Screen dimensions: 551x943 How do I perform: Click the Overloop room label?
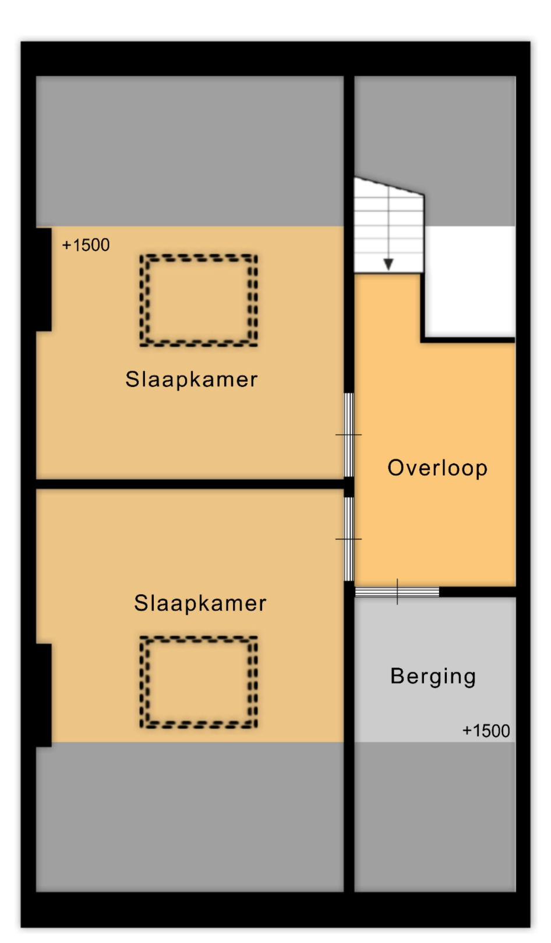437,468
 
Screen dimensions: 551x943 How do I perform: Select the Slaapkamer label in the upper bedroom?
191,380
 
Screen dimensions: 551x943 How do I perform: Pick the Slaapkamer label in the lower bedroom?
200,603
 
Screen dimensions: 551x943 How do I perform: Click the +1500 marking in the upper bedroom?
86,245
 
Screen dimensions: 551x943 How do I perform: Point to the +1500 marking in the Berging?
486,731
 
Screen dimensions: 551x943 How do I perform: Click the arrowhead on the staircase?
388,264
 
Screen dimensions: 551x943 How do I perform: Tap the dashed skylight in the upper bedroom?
199,256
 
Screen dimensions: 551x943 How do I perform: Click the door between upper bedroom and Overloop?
349,434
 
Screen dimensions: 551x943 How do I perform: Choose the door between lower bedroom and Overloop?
349,539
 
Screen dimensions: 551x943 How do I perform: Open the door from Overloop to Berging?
397,592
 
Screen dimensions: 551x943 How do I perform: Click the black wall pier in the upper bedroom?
44,279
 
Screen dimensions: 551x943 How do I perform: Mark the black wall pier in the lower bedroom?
44,696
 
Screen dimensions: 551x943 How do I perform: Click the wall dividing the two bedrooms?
190,484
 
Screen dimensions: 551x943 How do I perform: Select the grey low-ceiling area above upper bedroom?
190,151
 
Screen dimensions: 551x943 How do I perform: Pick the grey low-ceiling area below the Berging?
435,817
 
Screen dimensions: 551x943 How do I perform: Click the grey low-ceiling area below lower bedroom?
190,817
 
